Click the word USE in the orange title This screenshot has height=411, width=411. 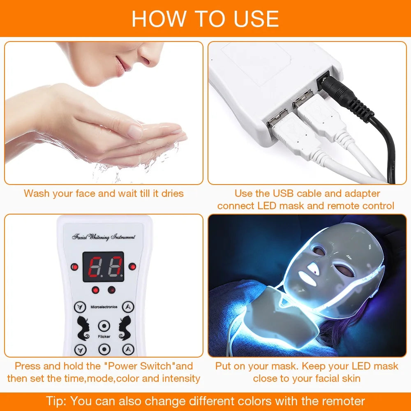click(251, 18)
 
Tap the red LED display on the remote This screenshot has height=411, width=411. click(103, 266)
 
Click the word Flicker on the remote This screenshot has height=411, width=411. click(104, 336)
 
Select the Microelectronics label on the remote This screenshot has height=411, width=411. click(104, 307)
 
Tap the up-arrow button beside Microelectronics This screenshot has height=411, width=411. click(129, 307)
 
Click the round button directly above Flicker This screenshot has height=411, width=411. click(104, 326)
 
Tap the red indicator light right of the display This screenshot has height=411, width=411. click(132, 267)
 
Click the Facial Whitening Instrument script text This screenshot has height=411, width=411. click(104, 237)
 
